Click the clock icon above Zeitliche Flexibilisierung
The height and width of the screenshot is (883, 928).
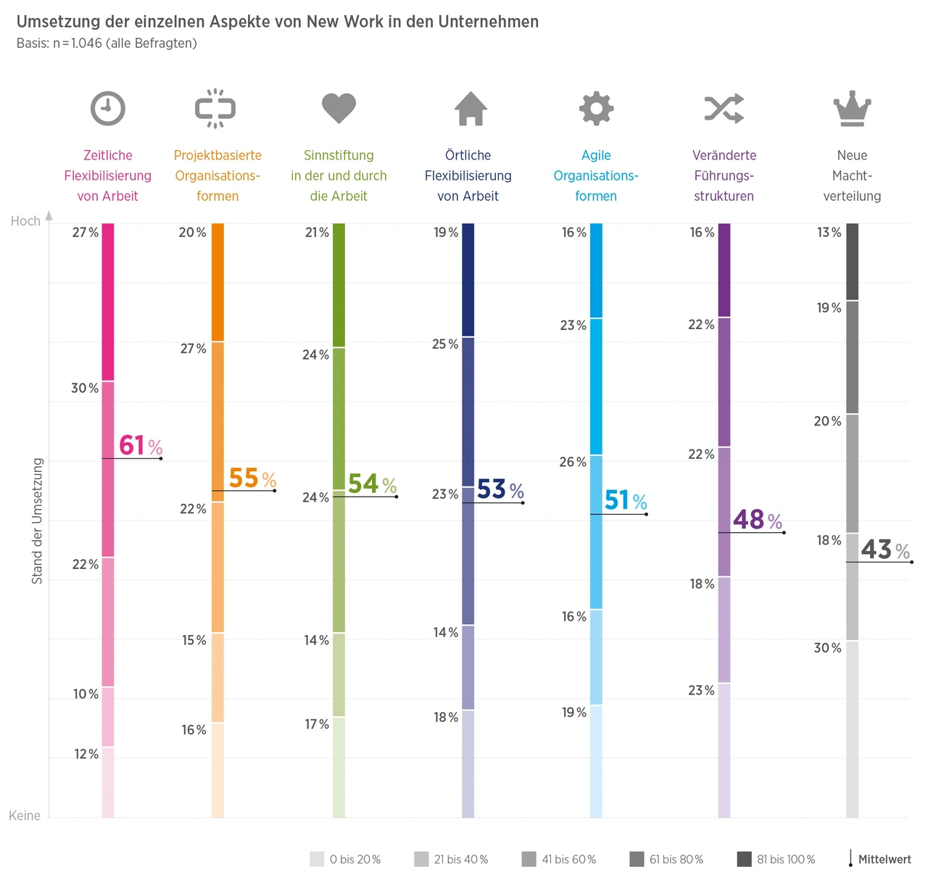tap(108, 109)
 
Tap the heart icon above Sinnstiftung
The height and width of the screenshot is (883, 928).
tap(339, 108)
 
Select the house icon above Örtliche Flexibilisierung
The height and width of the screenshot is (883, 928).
tap(471, 109)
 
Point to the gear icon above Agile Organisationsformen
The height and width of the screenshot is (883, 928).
tap(596, 109)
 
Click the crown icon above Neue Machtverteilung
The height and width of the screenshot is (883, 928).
tap(852, 109)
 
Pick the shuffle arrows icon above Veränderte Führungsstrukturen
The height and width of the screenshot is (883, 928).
tap(724, 109)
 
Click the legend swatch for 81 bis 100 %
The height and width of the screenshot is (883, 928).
tap(744, 859)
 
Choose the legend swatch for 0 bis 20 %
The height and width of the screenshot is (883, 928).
tap(317, 859)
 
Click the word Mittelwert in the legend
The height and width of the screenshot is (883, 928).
tap(884, 860)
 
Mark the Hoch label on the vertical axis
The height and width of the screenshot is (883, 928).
tap(25, 221)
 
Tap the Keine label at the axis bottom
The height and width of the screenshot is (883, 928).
tap(25, 816)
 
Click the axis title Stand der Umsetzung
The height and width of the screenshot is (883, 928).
tap(38, 521)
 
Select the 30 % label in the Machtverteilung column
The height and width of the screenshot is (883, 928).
tap(827, 648)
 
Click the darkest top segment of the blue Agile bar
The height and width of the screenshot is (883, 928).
tap(596, 270)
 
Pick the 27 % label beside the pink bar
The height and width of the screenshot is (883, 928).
tap(85, 233)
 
